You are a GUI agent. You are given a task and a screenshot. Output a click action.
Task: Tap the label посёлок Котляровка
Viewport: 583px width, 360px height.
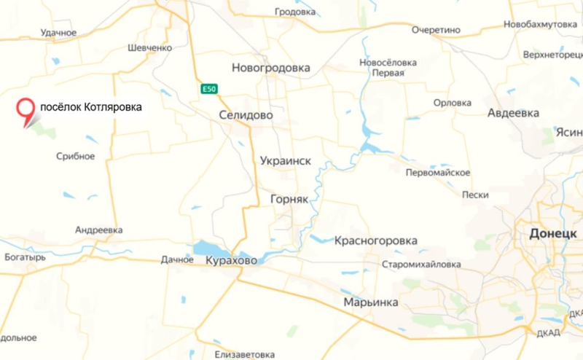[90, 107]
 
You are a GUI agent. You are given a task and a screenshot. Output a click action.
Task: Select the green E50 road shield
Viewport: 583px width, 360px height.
[209, 89]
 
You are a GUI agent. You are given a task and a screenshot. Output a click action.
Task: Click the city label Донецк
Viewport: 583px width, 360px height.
[555, 232]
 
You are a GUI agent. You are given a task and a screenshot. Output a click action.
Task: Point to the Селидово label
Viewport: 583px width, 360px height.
[246, 115]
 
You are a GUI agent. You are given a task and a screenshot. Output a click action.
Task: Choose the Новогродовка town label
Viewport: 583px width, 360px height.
[270, 68]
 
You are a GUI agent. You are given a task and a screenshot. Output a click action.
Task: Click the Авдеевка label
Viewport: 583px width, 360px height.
[513, 113]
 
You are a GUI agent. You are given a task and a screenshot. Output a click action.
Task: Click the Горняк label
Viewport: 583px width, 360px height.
[290, 198]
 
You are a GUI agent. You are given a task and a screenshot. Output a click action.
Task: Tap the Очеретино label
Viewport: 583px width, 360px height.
[436, 30]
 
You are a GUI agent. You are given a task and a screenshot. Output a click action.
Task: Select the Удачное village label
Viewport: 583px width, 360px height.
[59, 33]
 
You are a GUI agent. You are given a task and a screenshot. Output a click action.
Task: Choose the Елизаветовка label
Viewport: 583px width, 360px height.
[245, 355]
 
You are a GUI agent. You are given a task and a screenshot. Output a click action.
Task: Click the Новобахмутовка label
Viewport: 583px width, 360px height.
[540, 25]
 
